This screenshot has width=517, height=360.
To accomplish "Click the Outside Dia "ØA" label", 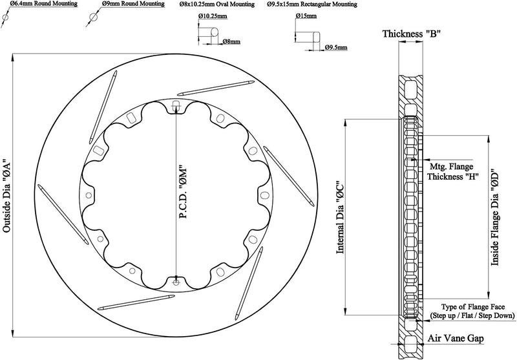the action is [x=7, y=197].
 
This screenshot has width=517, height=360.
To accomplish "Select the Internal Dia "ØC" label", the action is [x=340, y=217].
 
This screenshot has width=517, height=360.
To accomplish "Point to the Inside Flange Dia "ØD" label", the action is [x=495, y=218].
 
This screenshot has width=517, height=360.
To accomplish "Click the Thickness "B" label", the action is [x=412, y=34].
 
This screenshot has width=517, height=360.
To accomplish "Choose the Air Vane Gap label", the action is [x=456, y=338].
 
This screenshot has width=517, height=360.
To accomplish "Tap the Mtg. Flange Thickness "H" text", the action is [x=453, y=171].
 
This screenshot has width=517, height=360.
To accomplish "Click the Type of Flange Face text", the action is [x=472, y=307].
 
